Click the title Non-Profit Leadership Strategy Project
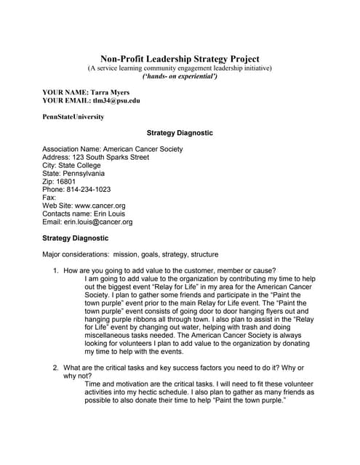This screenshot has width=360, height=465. (180, 59)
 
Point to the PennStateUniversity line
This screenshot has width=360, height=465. (73, 116)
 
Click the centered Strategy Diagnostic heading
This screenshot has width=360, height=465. (180, 134)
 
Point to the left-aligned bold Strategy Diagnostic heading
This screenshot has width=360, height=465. (76, 238)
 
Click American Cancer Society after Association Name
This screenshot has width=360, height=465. (143, 149)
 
